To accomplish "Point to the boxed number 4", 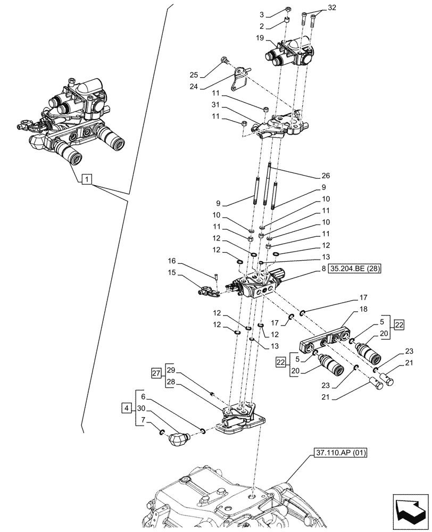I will pyautogui.click(x=126, y=409).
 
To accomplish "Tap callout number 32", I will pyautogui.click(x=333, y=8).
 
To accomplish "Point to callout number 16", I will pyautogui.click(x=171, y=262).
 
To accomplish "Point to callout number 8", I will pyautogui.click(x=323, y=269).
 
